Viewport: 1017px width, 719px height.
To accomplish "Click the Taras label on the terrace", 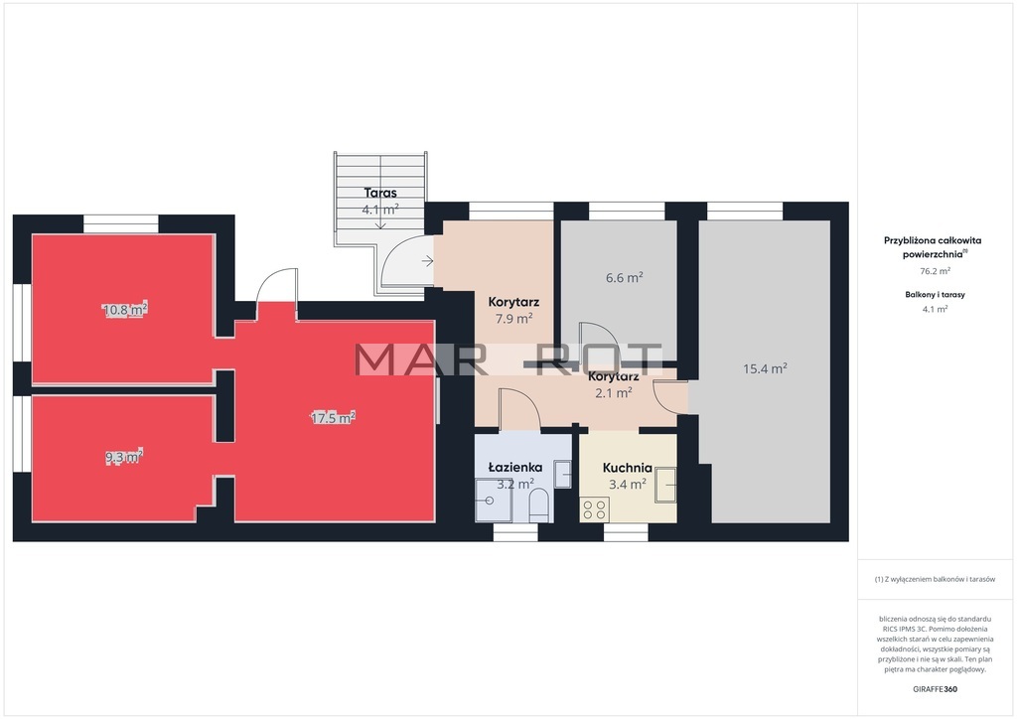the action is tap(380, 193).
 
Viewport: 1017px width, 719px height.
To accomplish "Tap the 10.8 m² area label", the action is tap(125, 309).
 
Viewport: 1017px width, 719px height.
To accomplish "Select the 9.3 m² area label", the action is tap(124, 457).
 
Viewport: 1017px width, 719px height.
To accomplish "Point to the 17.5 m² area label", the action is tap(333, 417).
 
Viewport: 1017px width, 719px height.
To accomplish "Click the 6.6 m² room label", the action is tap(625, 277).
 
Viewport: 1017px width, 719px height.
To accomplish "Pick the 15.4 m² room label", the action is tap(766, 368).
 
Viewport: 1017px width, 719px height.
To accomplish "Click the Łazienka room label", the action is tap(515, 467).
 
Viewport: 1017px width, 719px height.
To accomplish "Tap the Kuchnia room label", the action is tap(628, 468).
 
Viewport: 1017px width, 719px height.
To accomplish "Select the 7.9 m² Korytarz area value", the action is tap(513, 319).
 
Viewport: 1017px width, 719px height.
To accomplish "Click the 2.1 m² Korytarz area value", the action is tap(614, 393).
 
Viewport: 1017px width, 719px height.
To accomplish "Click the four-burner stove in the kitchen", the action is tap(595, 509).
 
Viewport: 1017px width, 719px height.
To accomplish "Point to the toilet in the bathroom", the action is tap(539, 505).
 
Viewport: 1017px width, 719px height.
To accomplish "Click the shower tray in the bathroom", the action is tap(494, 501).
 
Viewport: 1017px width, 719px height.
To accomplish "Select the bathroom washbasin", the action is tap(563, 474).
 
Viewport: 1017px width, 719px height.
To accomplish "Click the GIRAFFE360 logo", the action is tap(935, 689).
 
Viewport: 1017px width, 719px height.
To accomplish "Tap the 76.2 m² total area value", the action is tap(935, 271).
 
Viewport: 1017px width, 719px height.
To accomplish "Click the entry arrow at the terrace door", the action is tap(427, 261).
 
